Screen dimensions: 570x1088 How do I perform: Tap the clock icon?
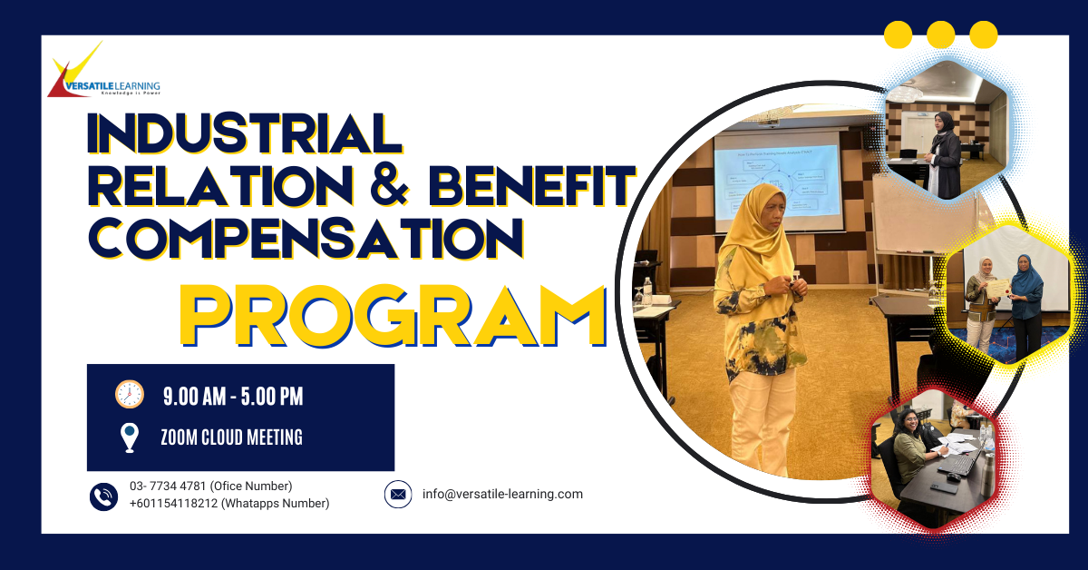point(130,394)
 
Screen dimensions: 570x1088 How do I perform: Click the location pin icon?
point(130,437)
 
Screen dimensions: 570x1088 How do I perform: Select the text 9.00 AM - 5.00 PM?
point(233,396)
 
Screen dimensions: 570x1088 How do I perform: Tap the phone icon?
point(104,496)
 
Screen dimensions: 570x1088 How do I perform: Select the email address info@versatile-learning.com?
point(502,495)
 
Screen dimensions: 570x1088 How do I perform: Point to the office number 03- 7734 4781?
point(168,486)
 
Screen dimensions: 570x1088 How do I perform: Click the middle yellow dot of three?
point(941,34)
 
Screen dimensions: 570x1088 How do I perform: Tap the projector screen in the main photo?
point(778,182)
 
